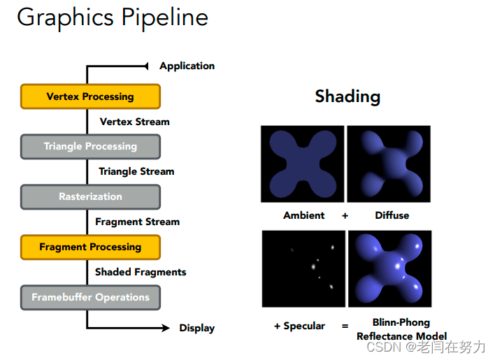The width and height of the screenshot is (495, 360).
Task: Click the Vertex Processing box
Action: pos(90,96)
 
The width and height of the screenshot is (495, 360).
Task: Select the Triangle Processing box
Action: pos(90,147)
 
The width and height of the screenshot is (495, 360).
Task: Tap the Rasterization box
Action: pos(90,197)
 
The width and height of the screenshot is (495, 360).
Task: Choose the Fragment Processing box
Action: pos(90,247)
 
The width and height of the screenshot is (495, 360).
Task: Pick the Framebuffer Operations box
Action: pos(90,297)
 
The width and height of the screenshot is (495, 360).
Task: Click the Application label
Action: pos(187,66)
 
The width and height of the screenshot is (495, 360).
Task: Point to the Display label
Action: pos(197,328)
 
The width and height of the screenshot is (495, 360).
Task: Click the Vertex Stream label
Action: pos(134,122)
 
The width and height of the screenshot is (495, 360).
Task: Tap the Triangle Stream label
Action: pos(136,171)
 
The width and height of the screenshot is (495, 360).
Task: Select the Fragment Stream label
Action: pos(137,222)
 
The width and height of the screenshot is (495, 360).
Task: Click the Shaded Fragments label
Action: pos(141,272)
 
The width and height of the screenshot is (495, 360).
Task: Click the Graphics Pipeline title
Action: pos(113,17)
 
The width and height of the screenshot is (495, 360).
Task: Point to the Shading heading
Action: pos(347,96)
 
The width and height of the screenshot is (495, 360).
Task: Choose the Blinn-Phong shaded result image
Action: pos(389,269)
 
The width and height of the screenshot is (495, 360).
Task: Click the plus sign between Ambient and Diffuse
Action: pos(345,215)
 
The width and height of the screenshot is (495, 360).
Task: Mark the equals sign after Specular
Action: pos(345,326)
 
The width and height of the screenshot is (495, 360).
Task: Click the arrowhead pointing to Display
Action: pos(165,328)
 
